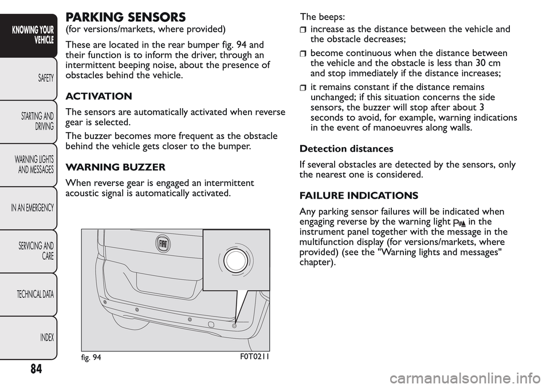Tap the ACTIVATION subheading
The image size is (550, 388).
(99, 96)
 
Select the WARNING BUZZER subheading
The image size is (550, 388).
(116, 168)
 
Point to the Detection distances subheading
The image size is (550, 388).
(346, 149)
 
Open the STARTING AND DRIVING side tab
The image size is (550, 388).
(40, 121)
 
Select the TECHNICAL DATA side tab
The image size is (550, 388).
(36, 294)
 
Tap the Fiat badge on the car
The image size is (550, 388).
(164, 243)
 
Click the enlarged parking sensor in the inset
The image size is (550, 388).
(234, 260)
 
